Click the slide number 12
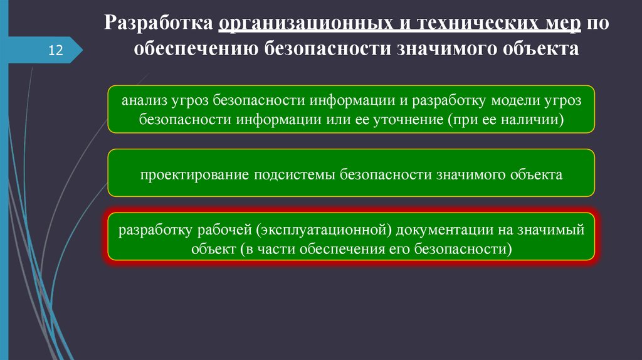pyautogui.click(x=56, y=50)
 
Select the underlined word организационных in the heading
pyautogui.click(x=303, y=24)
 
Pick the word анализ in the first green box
pyautogui.click(x=143, y=100)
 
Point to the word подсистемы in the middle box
pyautogui.click(x=295, y=174)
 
